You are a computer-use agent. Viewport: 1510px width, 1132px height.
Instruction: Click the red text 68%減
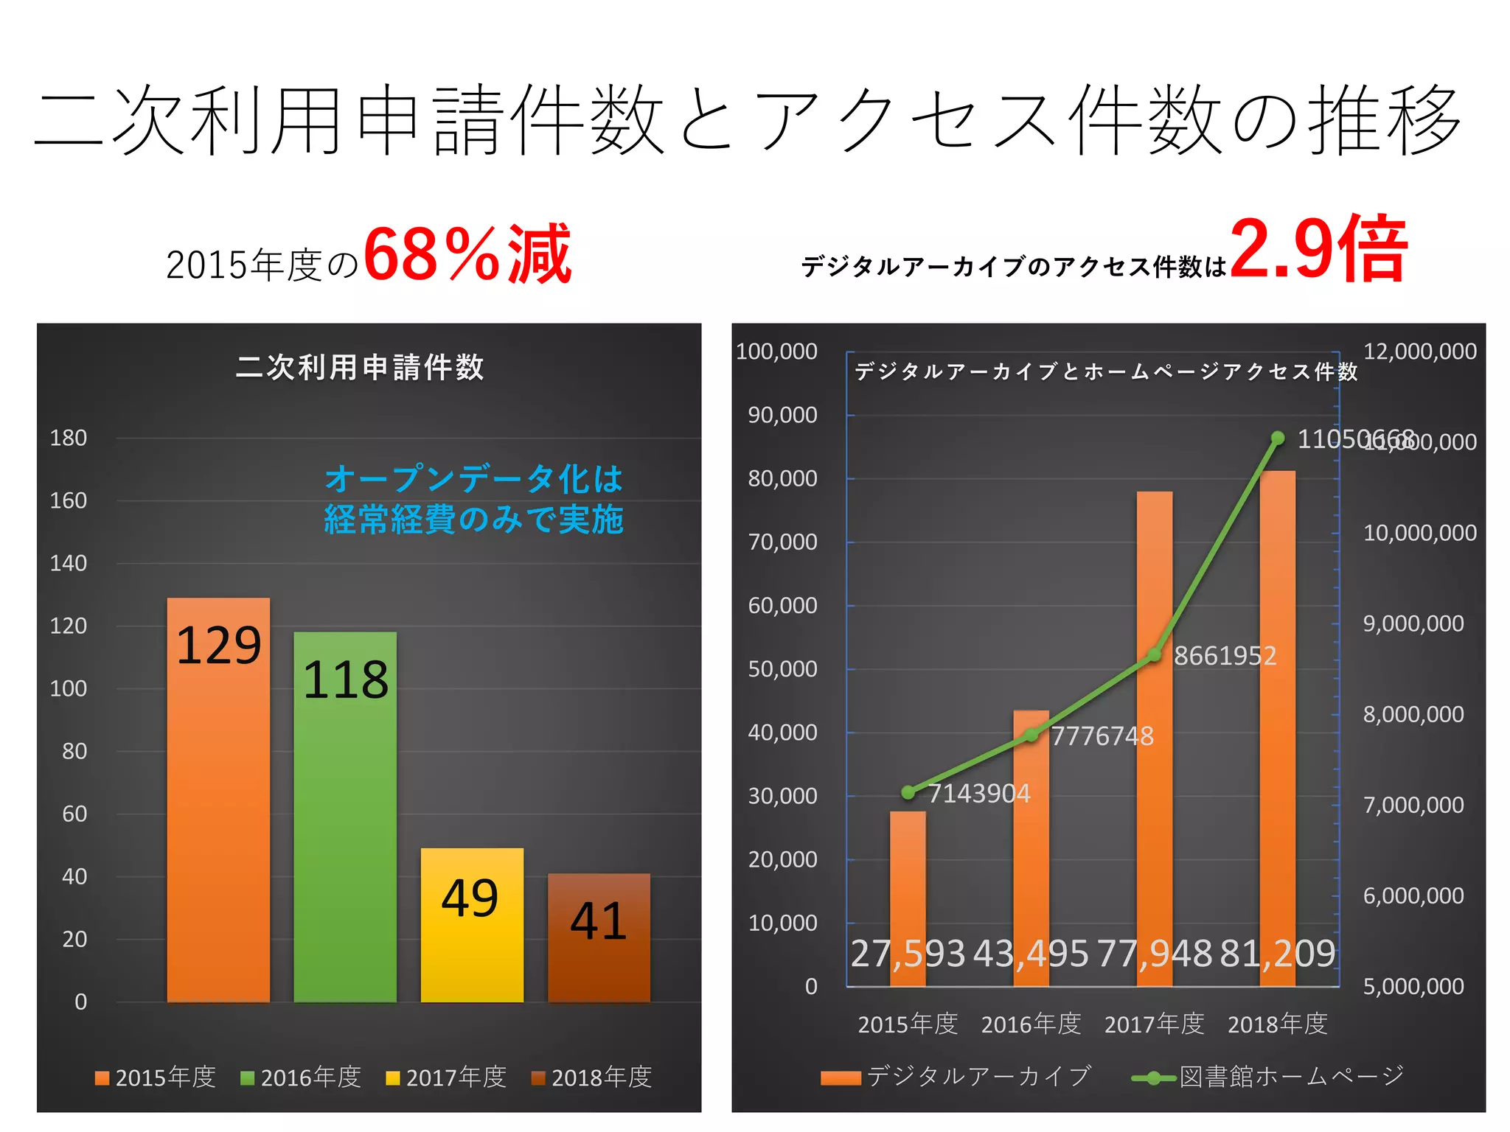[x=467, y=254]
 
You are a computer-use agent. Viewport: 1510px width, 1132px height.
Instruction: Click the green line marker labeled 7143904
[x=908, y=792]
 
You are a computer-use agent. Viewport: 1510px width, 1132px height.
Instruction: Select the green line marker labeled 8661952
[x=1155, y=655]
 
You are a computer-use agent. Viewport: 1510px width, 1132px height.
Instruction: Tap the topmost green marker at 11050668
[x=1278, y=439]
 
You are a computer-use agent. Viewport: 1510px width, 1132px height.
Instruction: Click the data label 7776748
[x=1102, y=736]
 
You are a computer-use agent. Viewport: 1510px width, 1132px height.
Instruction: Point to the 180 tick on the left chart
[x=68, y=438]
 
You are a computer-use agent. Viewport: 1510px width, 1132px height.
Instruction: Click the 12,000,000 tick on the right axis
[x=1419, y=351]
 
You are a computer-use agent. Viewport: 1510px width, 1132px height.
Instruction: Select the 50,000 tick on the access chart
[x=782, y=669]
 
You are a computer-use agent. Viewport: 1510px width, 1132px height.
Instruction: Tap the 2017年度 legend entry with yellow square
[x=447, y=1077]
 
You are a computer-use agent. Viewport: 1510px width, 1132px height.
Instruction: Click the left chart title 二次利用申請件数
[x=360, y=367]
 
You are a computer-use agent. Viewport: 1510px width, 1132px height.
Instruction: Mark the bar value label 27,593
[x=908, y=954]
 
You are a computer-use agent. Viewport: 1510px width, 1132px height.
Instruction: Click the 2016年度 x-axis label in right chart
[x=1031, y=1024]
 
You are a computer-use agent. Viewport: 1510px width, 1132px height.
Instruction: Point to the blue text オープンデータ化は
[x=474, y=479]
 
